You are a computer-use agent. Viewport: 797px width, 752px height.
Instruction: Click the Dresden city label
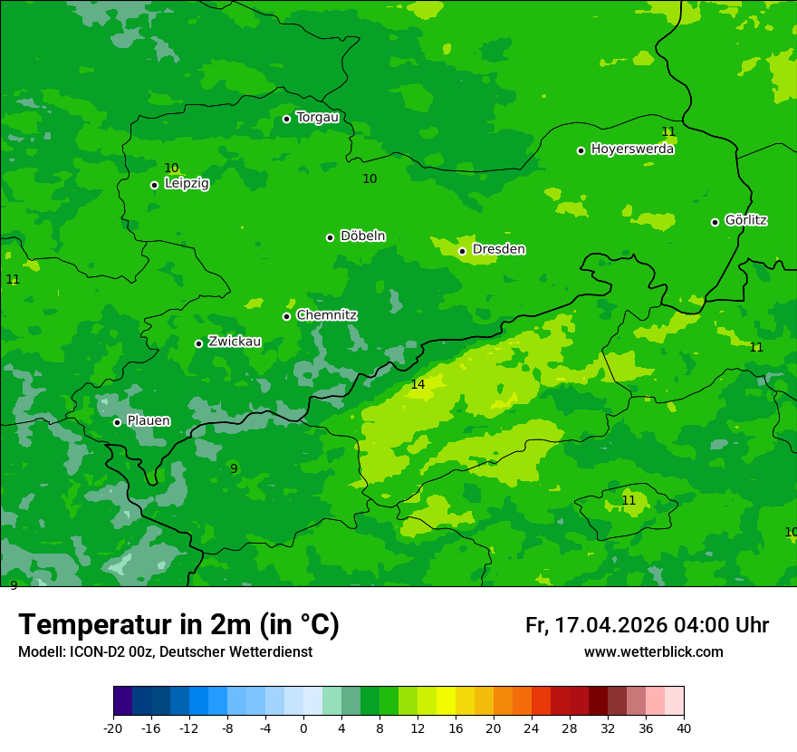pyautogui.click(x=498, y=249)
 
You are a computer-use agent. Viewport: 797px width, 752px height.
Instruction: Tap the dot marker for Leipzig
pyautogui.click(x=154, y=185)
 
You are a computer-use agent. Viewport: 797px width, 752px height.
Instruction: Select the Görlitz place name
pyautogui.click(x=745, y=220)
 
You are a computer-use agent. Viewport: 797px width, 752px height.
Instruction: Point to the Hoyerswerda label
pyautogui.click(x=632, y=149)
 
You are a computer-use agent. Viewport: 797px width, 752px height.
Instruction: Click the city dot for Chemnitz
pyautogui.click(x=286, y=316)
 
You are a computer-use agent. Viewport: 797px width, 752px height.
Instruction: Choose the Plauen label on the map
pyautogui.click(x=148, y=421)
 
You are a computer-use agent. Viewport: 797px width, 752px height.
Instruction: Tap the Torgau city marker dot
pyautogui.click(x=286, y=119)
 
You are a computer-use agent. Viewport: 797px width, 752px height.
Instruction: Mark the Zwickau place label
pyautogui.click(x=235, y=342)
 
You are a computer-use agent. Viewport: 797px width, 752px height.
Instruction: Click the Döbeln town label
pyautogui.click(x=362, y=236)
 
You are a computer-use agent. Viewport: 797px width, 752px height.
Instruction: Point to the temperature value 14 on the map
pyautogui.click(x=418, y=385)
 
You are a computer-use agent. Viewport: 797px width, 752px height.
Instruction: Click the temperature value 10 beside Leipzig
pyautogui.click(x=171, y=168)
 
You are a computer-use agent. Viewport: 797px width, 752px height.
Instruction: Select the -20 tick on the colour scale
pyautogui.click(x=113, y=728)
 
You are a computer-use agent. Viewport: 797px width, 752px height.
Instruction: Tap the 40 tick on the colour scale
pyautogui.click(x=683, y=728)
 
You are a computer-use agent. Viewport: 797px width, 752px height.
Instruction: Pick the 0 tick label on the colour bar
pyautogui.click(x=303, y=728)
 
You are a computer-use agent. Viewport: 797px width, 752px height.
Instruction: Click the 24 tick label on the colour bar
pyautogui.click(x=532, y=728)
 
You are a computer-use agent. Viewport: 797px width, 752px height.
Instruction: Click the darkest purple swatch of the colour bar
pyautogui.click(x=122, y=701)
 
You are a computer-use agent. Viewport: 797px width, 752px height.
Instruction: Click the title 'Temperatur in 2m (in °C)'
pyautogui.click(x=178, y=625)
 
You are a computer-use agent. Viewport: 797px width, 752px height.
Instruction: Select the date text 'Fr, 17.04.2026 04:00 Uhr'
pyautogui.click(x=647, y=625)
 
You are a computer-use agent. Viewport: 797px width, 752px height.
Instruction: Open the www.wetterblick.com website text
pyautogui.click(x=653, y=652)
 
